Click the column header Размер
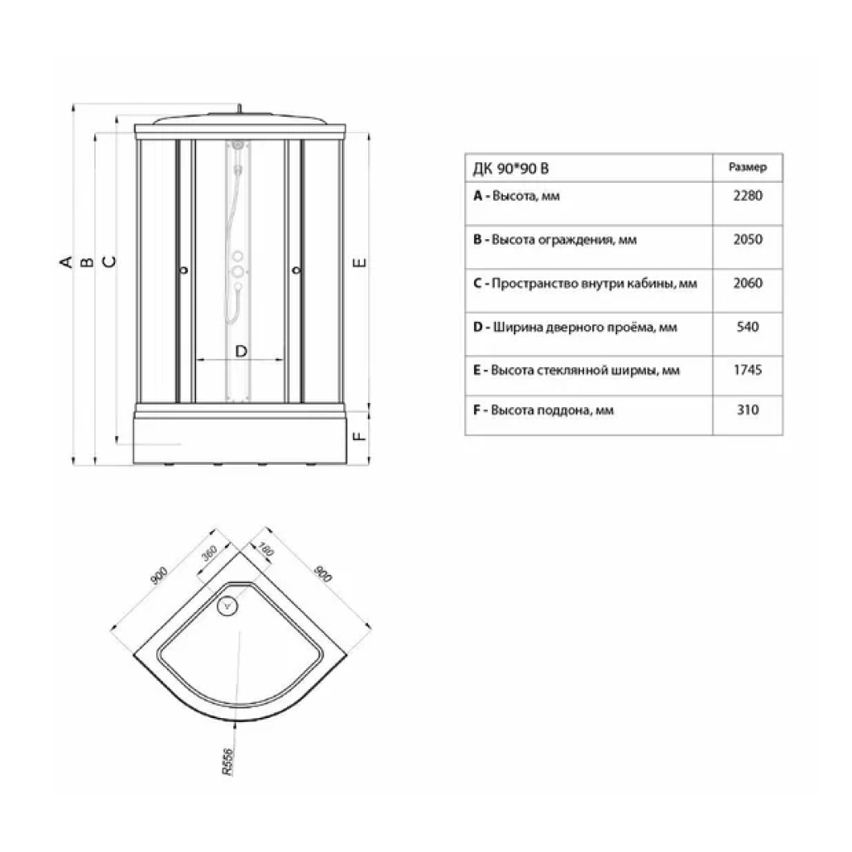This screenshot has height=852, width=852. click(x=748, y=167)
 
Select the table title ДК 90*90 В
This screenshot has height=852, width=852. click(x=510, y=169)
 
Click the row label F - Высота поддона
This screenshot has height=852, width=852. click(x=543, y=410)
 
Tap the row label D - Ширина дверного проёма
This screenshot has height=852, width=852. click(x=575, y=327)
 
